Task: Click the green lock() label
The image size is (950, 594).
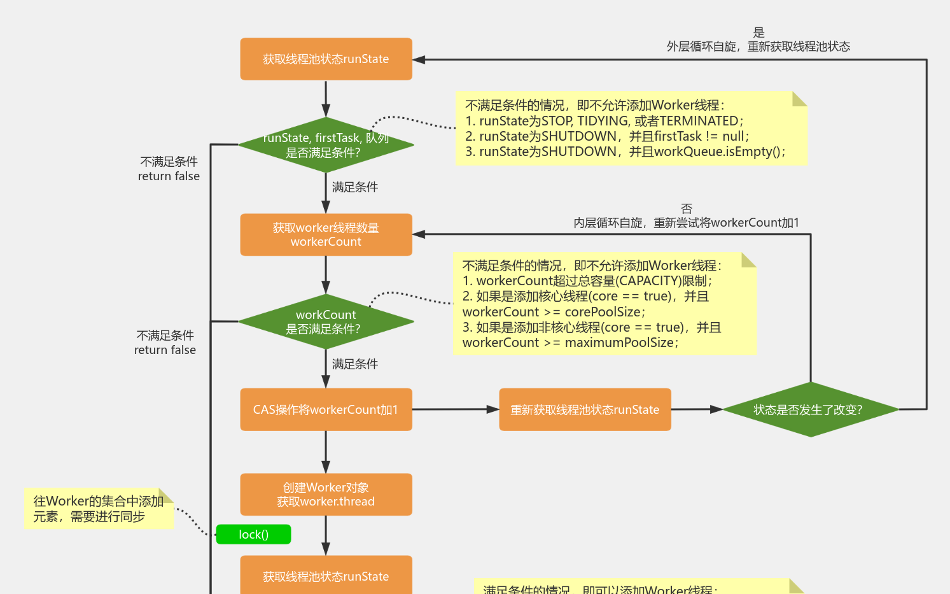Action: (x=253, y=534)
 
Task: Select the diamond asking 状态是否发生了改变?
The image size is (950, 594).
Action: (x=810, y=409)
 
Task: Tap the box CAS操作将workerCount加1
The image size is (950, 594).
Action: (x=326, y=409)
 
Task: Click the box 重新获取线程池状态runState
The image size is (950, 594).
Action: (x=585, y=409)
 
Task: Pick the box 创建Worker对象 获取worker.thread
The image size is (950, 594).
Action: (x=326, y=494)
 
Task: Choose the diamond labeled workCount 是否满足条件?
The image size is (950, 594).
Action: (x=326, y=322)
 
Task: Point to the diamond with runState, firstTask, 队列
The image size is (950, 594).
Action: (x=326, y=145)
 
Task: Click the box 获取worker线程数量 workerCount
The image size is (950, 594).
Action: (x=326, y=234)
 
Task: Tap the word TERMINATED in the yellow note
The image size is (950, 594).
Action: (x=699, y=121)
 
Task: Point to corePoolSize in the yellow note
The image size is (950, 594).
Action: (x=603, y=312)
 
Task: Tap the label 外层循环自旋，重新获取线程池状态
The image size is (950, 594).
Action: (x=758, y=46)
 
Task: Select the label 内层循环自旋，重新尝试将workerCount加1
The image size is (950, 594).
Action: (x=686, y=223)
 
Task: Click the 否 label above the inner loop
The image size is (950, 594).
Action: (x=686, y=208)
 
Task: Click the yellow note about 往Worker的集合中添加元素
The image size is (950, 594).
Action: (x=99, y=509)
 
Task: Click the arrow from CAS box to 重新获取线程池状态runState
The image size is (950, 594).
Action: (x=455, y=409)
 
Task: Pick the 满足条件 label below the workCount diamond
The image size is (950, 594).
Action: (x=355, y=364)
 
